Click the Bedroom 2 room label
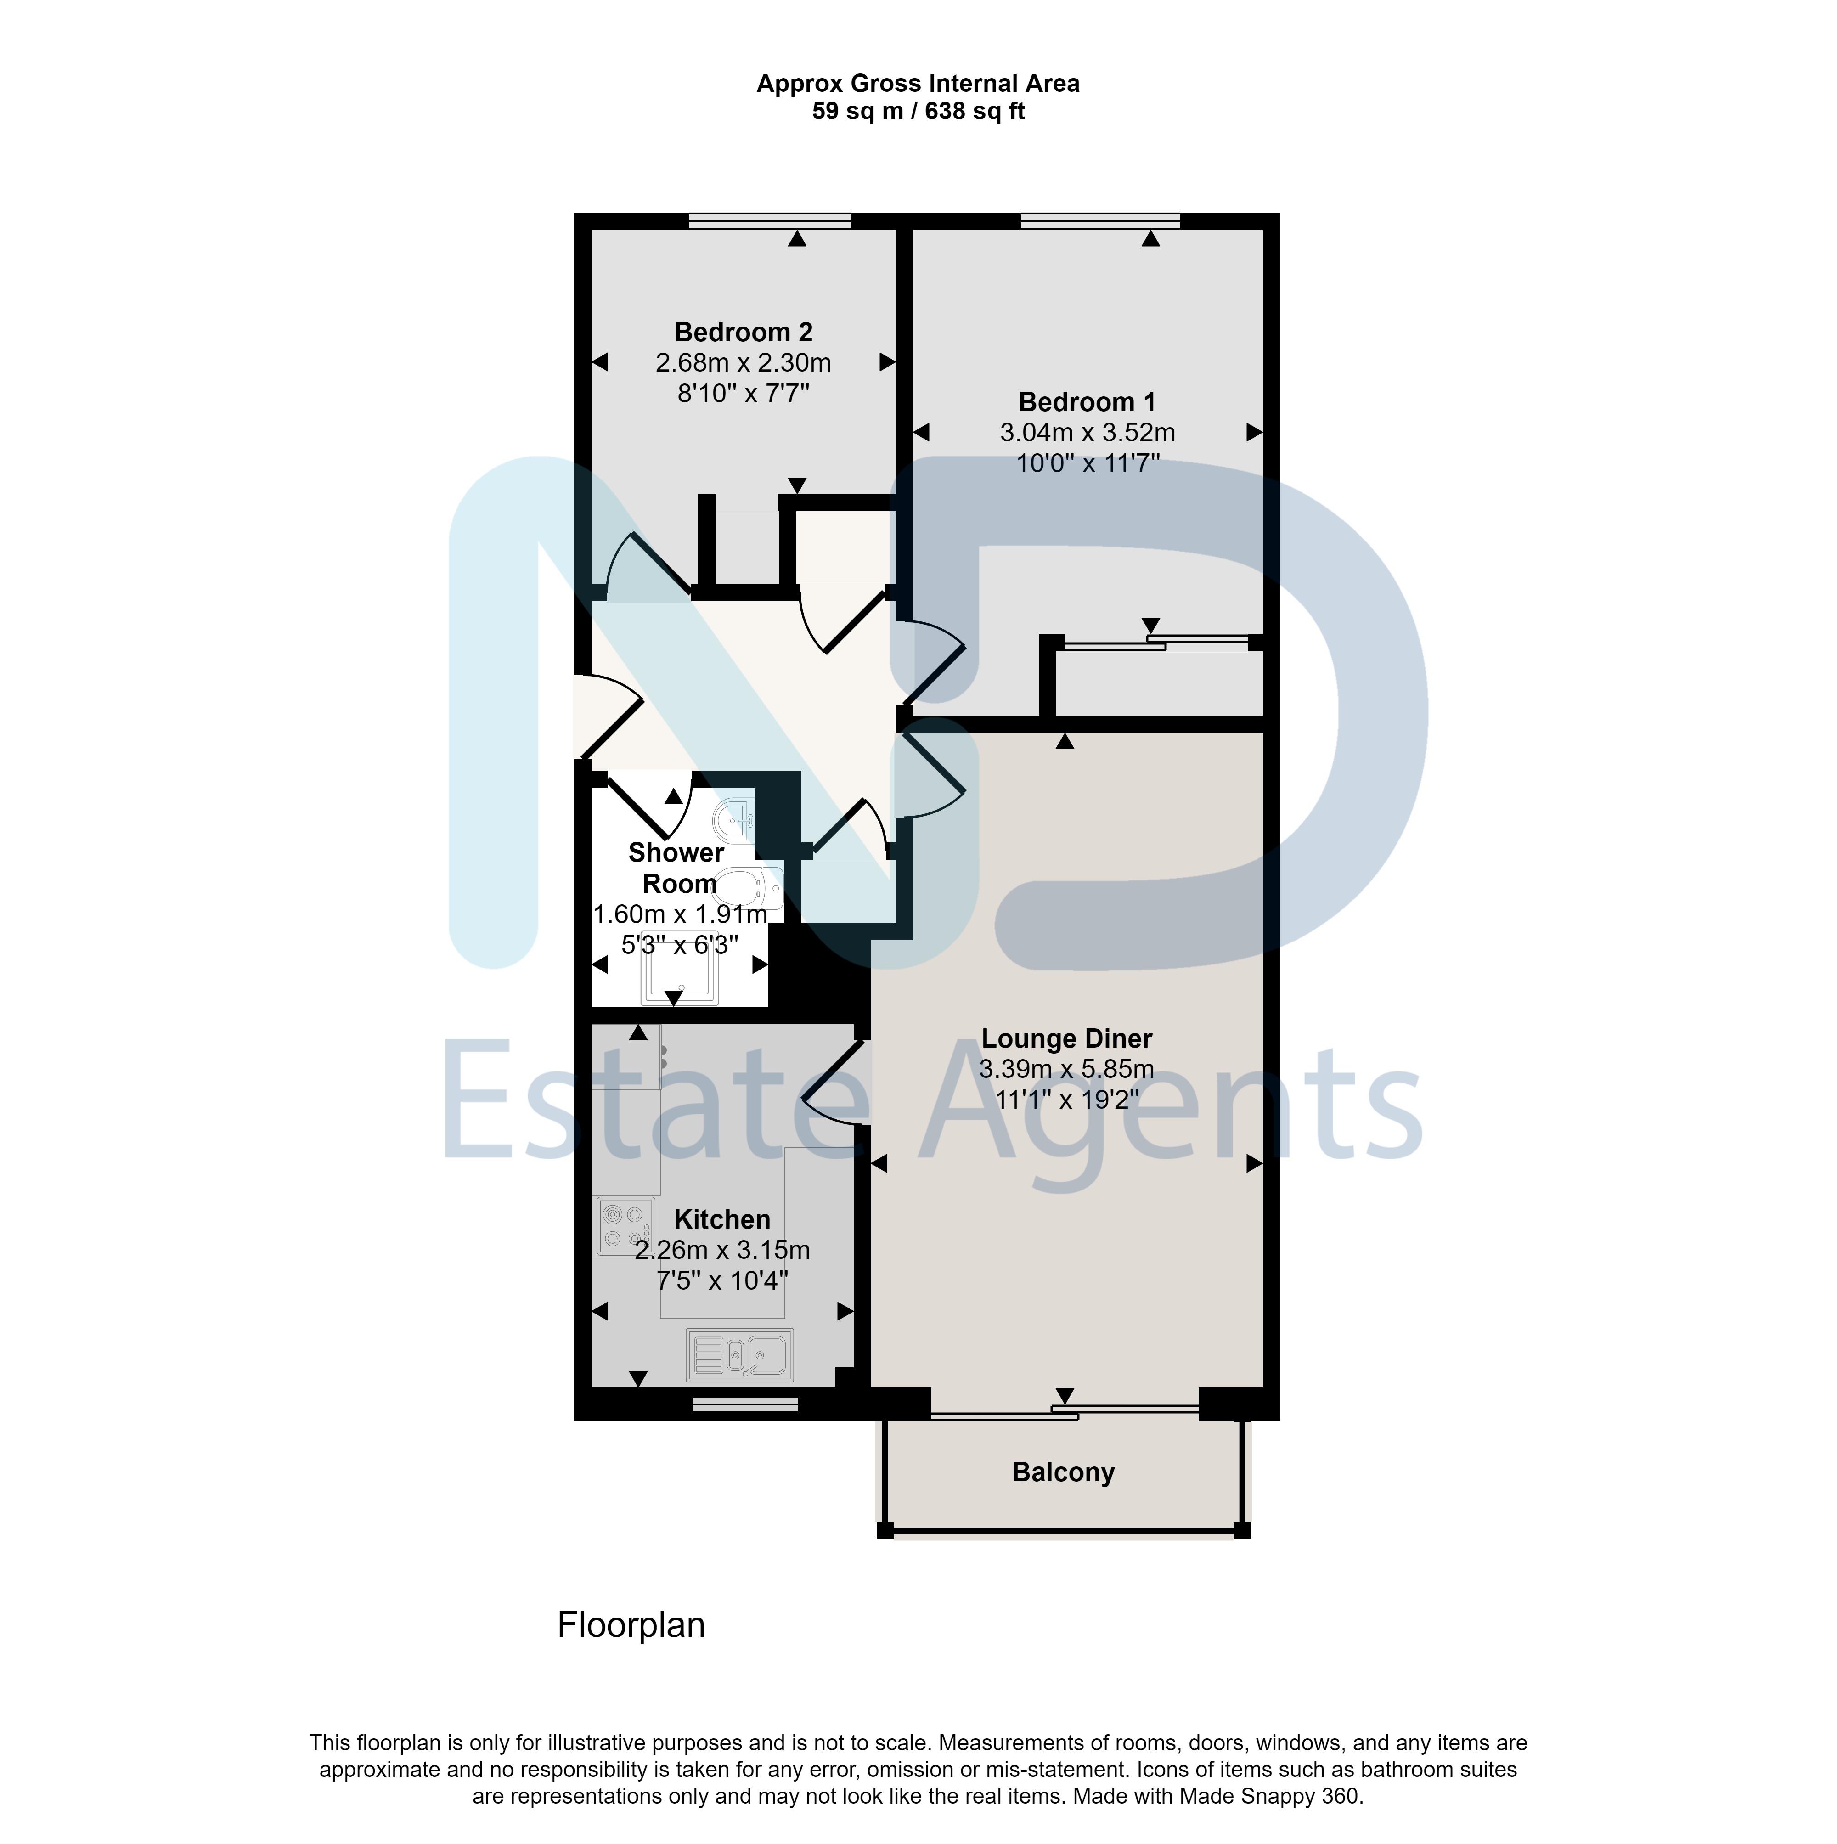[744, 332]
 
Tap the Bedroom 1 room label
[1087, 402]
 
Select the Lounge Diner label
[1067, 1038]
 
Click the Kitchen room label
[722, 1219]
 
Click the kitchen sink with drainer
[739, 1354]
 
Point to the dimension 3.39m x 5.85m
[1067, 1069]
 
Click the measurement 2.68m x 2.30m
[744, 363]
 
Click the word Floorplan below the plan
[631, 1624]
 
